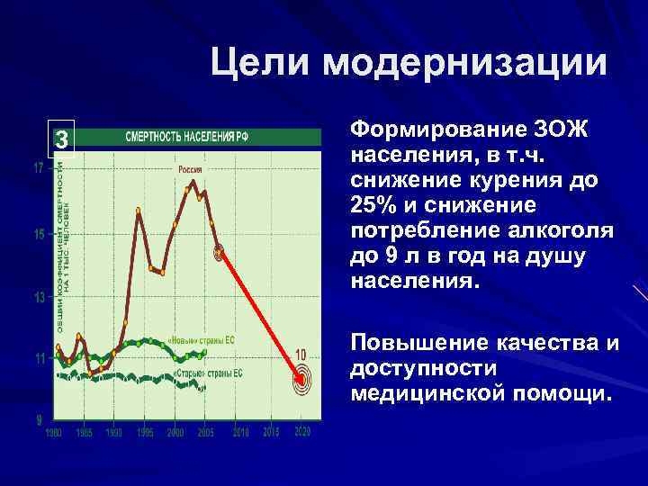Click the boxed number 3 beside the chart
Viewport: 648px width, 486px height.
point(61,139)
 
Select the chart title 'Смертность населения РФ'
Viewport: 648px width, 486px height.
point(186,138)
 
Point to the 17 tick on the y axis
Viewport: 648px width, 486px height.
point(40,168)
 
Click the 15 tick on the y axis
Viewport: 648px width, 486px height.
point(40,235)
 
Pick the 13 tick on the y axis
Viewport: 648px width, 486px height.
point(40,298)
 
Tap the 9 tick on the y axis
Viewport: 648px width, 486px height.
point(40,419)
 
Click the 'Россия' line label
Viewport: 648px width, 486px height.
point(189,169)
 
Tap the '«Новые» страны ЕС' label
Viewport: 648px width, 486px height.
point(202,340)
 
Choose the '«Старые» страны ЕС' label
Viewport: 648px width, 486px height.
point(202,372)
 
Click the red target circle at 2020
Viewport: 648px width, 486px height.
point(301,381)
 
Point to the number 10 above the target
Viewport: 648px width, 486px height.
point(301,353)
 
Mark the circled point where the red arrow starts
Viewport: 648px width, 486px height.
point(219,253)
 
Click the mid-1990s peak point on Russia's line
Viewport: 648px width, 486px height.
point(139,211)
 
